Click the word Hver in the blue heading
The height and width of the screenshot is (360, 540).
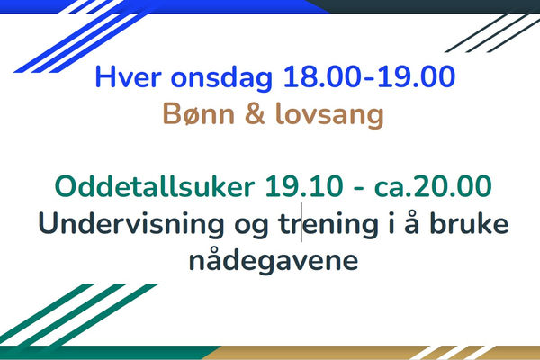[x=128, y=76]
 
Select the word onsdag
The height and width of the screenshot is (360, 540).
[x=221, y=78]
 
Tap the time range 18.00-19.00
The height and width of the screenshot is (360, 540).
[x=369, y=76]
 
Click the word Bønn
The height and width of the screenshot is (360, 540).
[x=198, y=113]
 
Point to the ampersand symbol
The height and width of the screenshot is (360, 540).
[x=256, y=113]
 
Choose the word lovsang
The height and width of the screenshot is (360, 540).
[x=329, y=115]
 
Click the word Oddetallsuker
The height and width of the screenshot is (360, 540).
[x=155, y=186]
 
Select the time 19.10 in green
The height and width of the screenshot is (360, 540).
[x=304, y=186]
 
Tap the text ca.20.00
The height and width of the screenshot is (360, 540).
[x=433, y=186]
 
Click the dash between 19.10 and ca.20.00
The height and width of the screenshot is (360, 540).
[x=358, y=189]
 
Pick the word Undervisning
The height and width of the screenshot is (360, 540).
[x=131, y=223]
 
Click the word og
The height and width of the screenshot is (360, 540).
[x=251, y=226]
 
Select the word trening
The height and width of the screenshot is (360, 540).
[x=328, y=225]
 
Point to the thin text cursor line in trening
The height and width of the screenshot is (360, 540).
[x=302, y=222]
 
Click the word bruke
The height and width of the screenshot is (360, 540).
[x=470, y=222]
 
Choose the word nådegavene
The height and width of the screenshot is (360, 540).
[x=274, y=260]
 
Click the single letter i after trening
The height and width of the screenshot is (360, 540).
[x=391, y=223]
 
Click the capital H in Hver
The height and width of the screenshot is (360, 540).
[x=104, y=76]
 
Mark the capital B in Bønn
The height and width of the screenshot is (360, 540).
[x=171, y=113]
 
